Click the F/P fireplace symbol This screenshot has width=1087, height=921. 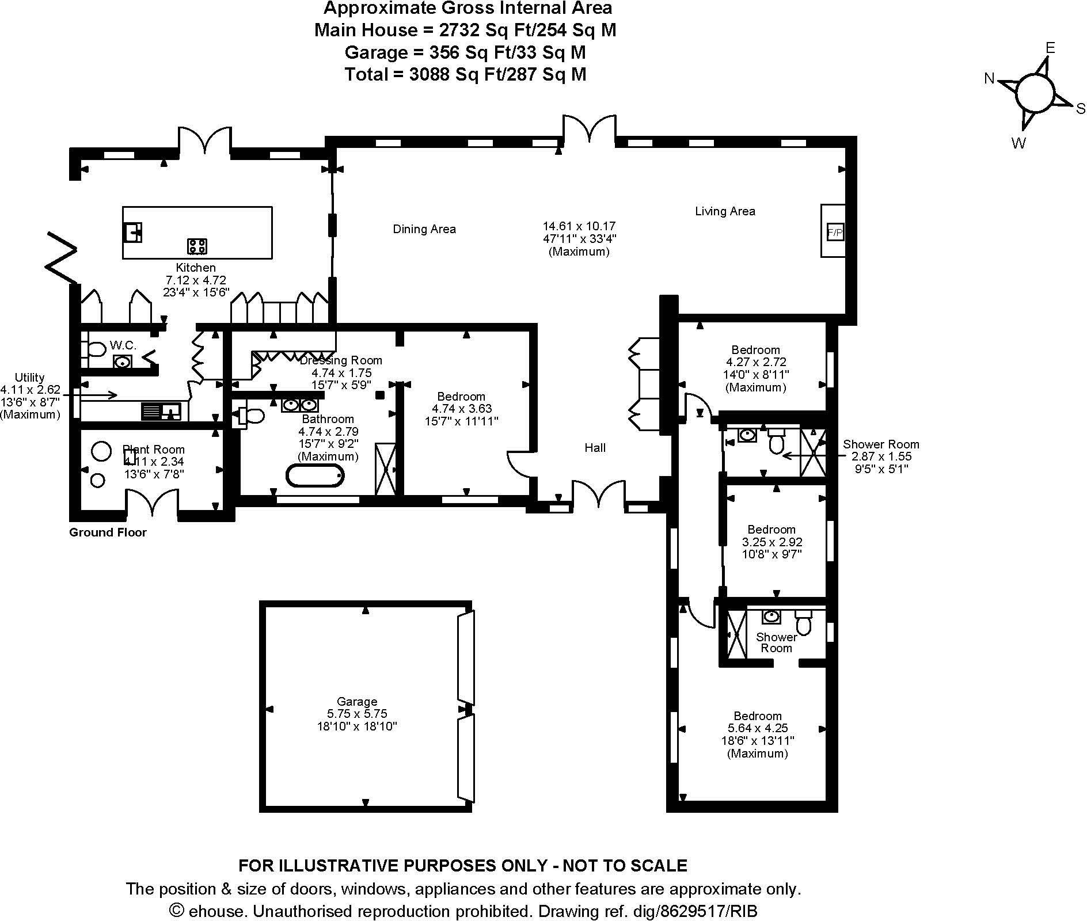click(x=834, y=232)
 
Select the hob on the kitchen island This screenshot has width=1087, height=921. click(x=197, y=246)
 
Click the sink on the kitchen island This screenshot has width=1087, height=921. click(x=133, y=232)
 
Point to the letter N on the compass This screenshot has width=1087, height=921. click(x=989, y=79)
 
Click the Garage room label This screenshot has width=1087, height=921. click(x=357, y=702)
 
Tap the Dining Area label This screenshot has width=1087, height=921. click(x=424, y=229)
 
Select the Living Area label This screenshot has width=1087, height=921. click(x=725, y=211)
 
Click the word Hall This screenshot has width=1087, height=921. click(x=595, y=447)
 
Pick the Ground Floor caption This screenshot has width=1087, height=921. click(x=108, y=532)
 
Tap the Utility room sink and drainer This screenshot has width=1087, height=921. click(x=161, y=411)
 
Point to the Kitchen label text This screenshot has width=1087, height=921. click(x=196, y=268)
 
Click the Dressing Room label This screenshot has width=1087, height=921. click(x=341, y=360)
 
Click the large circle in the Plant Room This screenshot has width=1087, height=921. click(x=101, y=451)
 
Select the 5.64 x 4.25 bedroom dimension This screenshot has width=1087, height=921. click(x=758, y=728)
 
